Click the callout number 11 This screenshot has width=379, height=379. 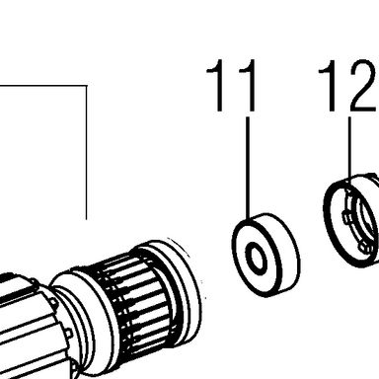point(231,86)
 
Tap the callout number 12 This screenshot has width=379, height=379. point(347,86)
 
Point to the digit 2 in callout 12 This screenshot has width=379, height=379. point(362,86)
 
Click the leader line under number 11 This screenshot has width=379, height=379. point(248,168)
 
